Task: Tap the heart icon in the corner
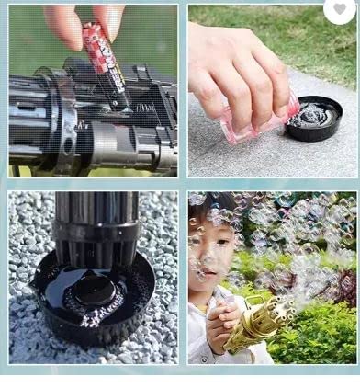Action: click(340, 8)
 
